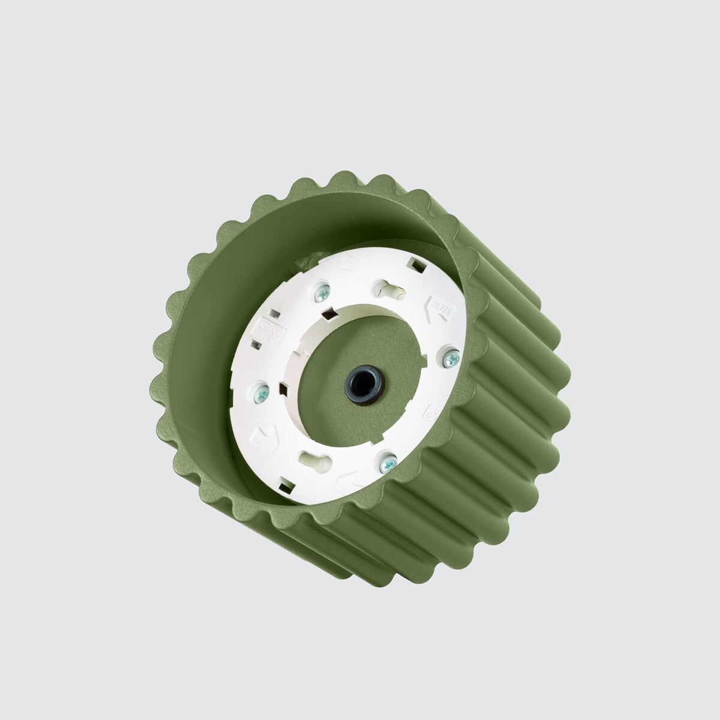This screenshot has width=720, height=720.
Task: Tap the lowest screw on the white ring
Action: click(387, 461)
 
